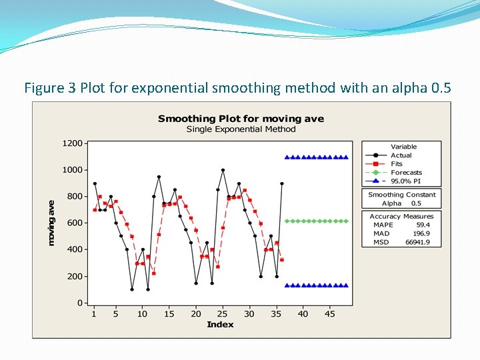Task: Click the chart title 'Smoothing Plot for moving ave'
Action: coord(241,119)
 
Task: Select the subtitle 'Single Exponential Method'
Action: coord(241,129)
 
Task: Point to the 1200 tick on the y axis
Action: coord(73,143)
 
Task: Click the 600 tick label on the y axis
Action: coord(75,223)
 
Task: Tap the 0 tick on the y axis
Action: coord(79,303)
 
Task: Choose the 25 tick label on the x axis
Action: coord(222,314)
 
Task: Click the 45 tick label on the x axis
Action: coord(329,314)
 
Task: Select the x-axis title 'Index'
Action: coord(220,325)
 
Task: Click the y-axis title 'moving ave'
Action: coord(51,223)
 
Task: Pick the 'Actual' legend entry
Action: coord(401,155)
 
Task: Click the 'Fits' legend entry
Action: coord(397,164)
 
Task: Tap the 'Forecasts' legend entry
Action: coord(406,173)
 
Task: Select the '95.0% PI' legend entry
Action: coord(405,181)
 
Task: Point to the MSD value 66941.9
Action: coord(417,242)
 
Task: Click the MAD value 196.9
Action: coord(420,233)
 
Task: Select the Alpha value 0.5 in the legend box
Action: coord(416,203)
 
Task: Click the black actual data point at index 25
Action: coord(223,170)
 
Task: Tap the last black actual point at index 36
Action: coord(282,183)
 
